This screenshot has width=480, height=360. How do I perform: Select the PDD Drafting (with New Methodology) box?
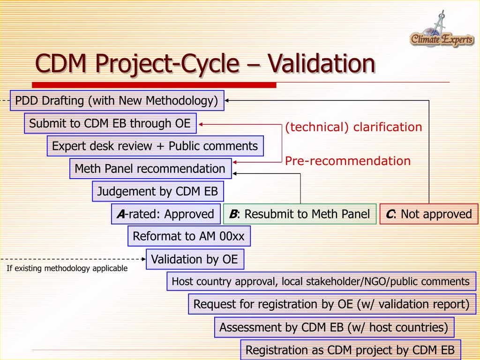tap(117, 101)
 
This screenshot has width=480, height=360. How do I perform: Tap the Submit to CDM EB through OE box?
tap(110, 123)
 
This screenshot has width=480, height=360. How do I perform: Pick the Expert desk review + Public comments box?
tap(155, 146)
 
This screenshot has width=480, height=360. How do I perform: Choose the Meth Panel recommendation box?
tap(150, 168)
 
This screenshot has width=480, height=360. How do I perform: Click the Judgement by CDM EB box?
tap(157, 191)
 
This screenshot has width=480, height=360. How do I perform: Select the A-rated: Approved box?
tap(165, 214)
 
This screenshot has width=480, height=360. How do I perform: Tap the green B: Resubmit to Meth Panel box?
tap(300, 214)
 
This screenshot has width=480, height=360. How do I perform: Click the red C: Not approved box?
tap(429, 214)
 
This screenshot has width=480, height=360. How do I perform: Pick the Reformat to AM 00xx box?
tap(189, 236)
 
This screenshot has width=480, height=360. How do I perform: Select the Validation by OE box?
tap(195, 259)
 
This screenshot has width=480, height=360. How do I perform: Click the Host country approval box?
tap(321, 282)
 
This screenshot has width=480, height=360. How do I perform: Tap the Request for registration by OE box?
tap(332, 304)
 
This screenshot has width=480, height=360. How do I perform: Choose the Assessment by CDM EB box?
tap(334, 327)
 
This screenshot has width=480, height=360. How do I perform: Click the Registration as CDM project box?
tap(350, 350)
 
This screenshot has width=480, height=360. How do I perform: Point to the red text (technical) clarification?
tap(353, 127)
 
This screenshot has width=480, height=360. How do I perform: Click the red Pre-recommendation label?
tap(348, 161)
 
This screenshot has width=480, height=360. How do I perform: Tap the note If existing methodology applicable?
tap(67, 269)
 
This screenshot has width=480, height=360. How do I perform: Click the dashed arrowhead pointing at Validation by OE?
tap(143, 258)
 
